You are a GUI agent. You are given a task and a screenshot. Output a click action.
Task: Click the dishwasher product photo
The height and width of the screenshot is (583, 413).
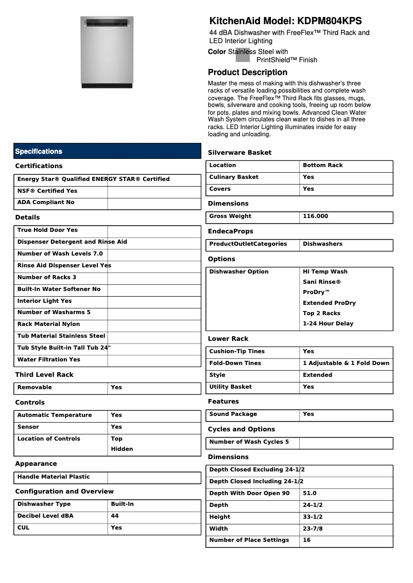[107, 52]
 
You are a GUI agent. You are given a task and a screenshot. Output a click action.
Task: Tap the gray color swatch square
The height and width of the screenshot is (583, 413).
[243, 55]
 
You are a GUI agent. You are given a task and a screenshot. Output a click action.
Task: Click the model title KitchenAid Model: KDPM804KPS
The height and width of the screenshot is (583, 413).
[285, 21]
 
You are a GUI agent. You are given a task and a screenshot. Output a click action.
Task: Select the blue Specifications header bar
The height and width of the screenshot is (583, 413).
[107, 151]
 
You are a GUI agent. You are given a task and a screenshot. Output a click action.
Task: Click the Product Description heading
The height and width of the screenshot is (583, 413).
[248, 72]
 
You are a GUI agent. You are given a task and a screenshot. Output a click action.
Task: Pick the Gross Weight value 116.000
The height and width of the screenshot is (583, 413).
[315, 216]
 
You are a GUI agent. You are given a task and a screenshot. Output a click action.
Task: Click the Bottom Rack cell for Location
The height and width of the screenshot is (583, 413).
[322, 166]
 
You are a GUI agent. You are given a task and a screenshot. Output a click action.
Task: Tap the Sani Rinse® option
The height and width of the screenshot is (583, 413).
[322, 282]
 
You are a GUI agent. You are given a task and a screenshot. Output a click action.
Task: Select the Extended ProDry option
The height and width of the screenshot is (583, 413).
[329, 303]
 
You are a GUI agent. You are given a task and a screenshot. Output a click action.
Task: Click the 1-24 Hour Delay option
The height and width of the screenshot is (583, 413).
[328, 324]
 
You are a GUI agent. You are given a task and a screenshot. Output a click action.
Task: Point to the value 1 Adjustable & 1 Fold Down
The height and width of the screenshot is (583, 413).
[346, 363]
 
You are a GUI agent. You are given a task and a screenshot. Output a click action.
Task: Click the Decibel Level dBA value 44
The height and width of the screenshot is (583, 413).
[115, 516]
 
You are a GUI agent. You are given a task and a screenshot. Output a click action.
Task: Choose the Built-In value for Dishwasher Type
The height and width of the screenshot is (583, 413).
[122, 504]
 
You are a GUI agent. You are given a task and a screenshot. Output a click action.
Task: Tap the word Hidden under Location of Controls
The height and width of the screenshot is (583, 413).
[122, 449]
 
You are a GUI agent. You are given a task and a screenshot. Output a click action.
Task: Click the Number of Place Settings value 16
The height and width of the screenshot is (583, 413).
[306, 540]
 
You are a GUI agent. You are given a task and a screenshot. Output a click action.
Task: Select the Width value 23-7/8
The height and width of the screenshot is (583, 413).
[313, 529]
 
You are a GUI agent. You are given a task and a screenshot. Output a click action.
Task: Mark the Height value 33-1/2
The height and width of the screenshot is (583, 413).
[313, 517]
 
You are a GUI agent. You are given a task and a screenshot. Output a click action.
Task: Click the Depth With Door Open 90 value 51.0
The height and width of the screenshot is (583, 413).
[309, 494]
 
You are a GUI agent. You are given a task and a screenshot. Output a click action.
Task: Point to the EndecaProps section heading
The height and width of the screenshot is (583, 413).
[231, 231]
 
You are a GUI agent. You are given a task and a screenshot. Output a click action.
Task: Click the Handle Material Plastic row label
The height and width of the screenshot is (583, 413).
[54, 477]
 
